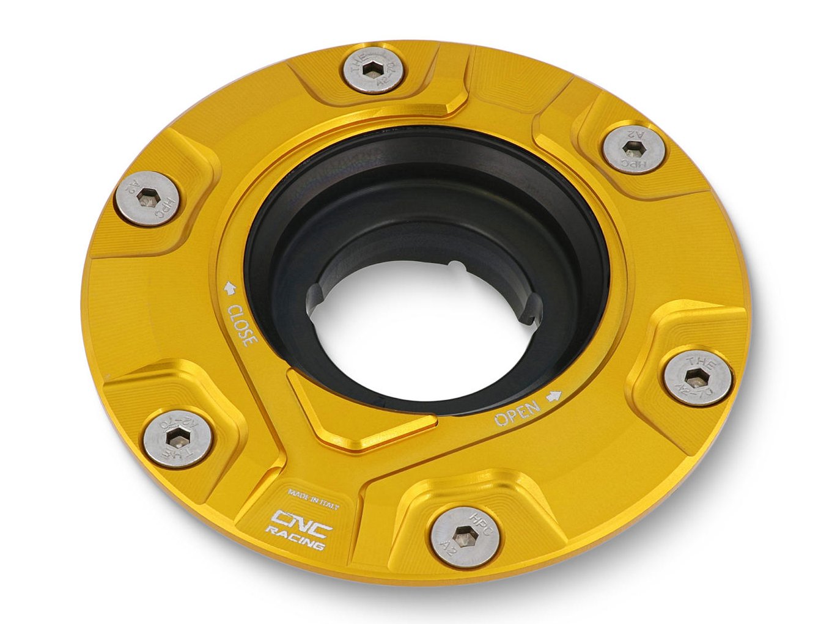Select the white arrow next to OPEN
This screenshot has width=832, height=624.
tap(554, 395)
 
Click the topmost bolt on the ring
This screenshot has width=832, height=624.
tap(372, 71)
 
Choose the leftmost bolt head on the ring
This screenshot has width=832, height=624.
tap(147, 197)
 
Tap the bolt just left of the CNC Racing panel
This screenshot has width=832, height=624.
tap(179, 438)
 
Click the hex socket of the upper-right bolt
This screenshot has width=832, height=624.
tap(633, 149)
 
